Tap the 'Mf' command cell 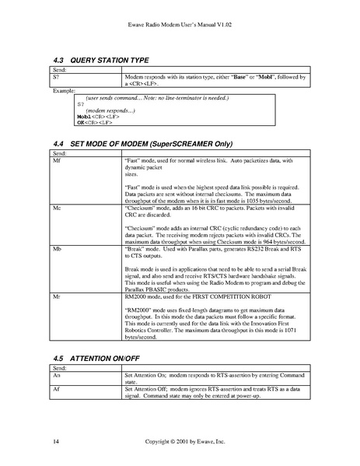click(x=56, y=160)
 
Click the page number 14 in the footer click(x=55, y=442)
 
